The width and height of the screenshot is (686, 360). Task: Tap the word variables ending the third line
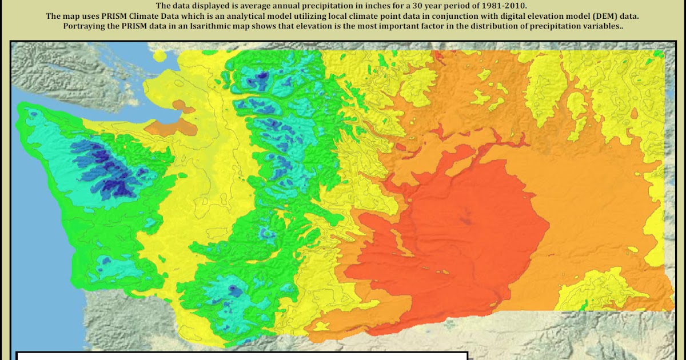[604, 27]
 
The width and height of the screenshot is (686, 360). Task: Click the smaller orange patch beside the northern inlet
[182, 105]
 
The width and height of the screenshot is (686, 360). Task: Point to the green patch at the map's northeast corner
[659, 54]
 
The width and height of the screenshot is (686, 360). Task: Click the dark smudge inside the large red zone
[466, 216]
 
